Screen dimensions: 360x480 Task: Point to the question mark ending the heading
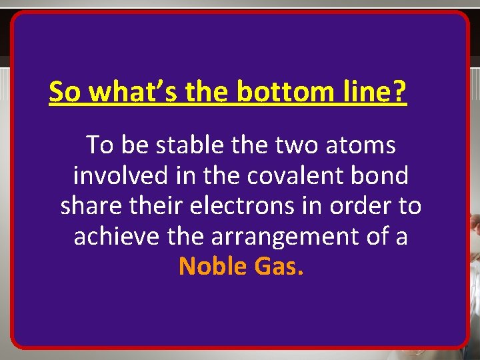point(399,92)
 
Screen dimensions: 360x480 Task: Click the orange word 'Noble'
point(213,267)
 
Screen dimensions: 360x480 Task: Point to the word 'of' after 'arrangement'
point(379,237)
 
